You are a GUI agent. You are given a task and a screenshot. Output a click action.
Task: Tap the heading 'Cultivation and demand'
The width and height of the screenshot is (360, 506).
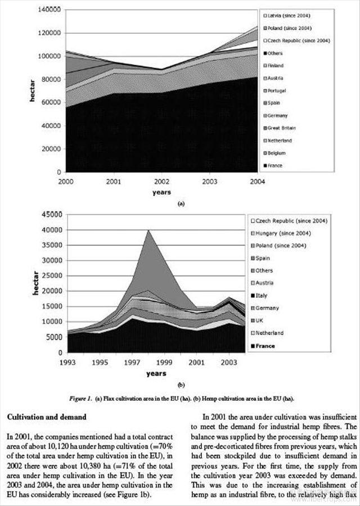[46, 417]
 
